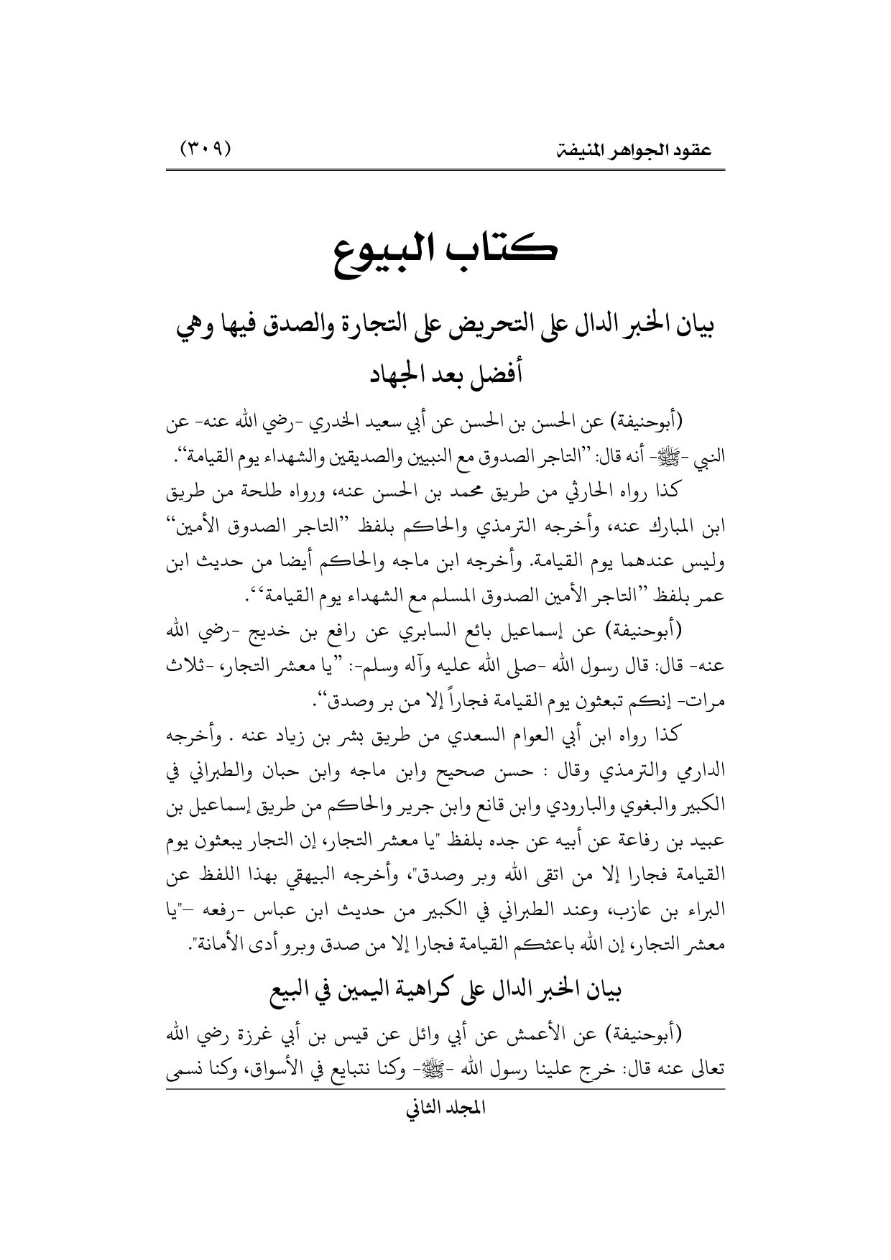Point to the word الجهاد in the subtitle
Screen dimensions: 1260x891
point(392,375)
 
